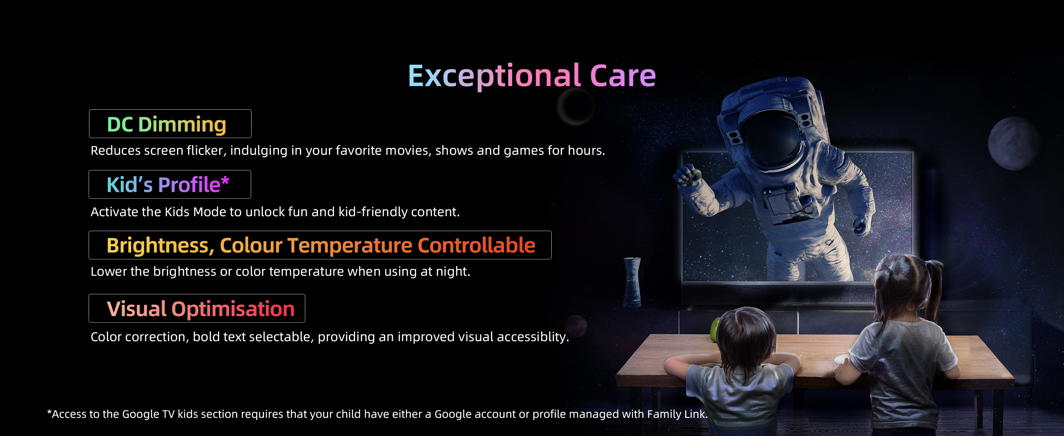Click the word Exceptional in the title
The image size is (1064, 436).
[494, 76]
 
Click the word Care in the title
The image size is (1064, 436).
[623, 76]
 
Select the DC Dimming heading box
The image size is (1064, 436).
[170, 124]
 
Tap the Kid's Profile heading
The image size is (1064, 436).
[168, 184]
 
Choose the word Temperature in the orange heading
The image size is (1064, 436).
[350, 245]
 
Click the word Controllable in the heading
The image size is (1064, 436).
[477, 245]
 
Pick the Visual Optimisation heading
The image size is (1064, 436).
[201, 309]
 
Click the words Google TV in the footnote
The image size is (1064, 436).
[149, 414]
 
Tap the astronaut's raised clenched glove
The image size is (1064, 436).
[687, 175]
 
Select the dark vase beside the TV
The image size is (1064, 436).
[632, 282]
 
